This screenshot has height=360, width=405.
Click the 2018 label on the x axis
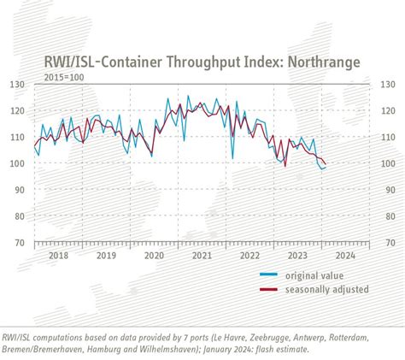coord(58,255)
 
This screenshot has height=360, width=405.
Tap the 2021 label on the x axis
coord(202,255)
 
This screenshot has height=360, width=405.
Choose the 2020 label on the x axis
coord(154,255)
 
